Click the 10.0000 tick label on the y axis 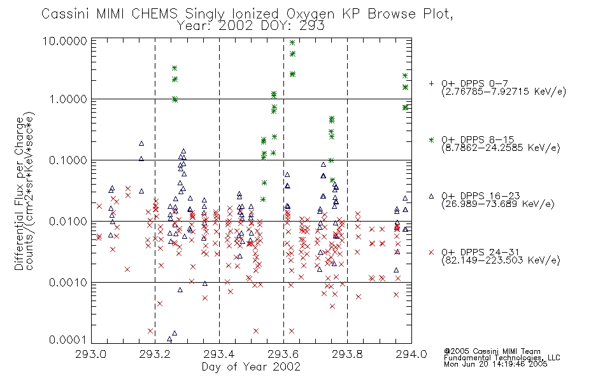(65, 41)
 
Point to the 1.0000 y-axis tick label (68, 99)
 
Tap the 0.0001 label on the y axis (68, 339)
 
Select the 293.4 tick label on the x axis (219, 354)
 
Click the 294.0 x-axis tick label (411, 354)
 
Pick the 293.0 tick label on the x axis (91, 354)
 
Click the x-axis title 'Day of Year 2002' (251, 367)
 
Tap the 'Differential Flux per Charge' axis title (19, 194)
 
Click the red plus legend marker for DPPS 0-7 (431, 83)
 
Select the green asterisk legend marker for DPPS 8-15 (431, 139)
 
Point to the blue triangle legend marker (431, 196)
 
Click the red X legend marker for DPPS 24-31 (431, 252)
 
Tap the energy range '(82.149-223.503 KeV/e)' (501, 260)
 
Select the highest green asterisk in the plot (292, 43)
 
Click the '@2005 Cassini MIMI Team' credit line (492, 351)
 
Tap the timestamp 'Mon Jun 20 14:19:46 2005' (495, 364)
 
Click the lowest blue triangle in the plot (169, 339)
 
